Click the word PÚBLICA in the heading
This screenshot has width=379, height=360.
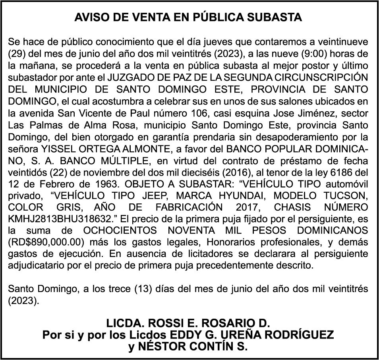[213, 18]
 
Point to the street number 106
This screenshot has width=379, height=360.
[198, 113]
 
